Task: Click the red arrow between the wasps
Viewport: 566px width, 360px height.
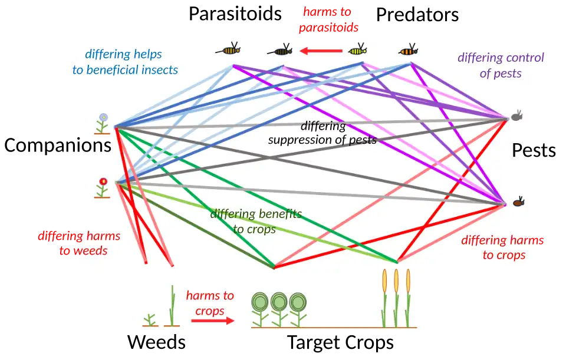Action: click(321, 51)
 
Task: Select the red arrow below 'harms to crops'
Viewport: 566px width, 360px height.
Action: click(212, 321)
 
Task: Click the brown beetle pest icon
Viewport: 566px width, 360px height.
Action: click(518, 202)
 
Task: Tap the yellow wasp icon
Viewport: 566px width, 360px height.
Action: click(358, 51)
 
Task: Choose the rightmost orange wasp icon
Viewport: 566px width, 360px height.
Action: click(408, 50)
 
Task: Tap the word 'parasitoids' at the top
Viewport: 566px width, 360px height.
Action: click(328, 28)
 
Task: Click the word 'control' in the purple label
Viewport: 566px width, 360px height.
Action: click(524, 58)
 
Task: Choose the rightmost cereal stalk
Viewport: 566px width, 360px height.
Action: click(408, 297)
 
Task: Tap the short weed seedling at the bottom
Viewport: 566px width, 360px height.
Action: click(150, 320)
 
